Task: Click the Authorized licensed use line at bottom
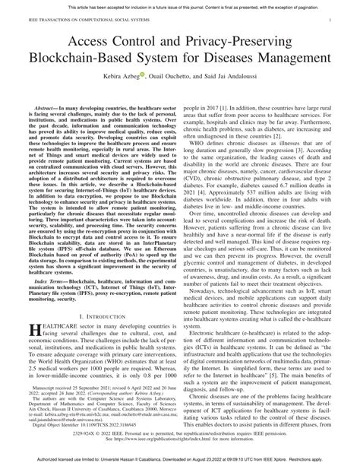180,460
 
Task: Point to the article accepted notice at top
180,4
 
